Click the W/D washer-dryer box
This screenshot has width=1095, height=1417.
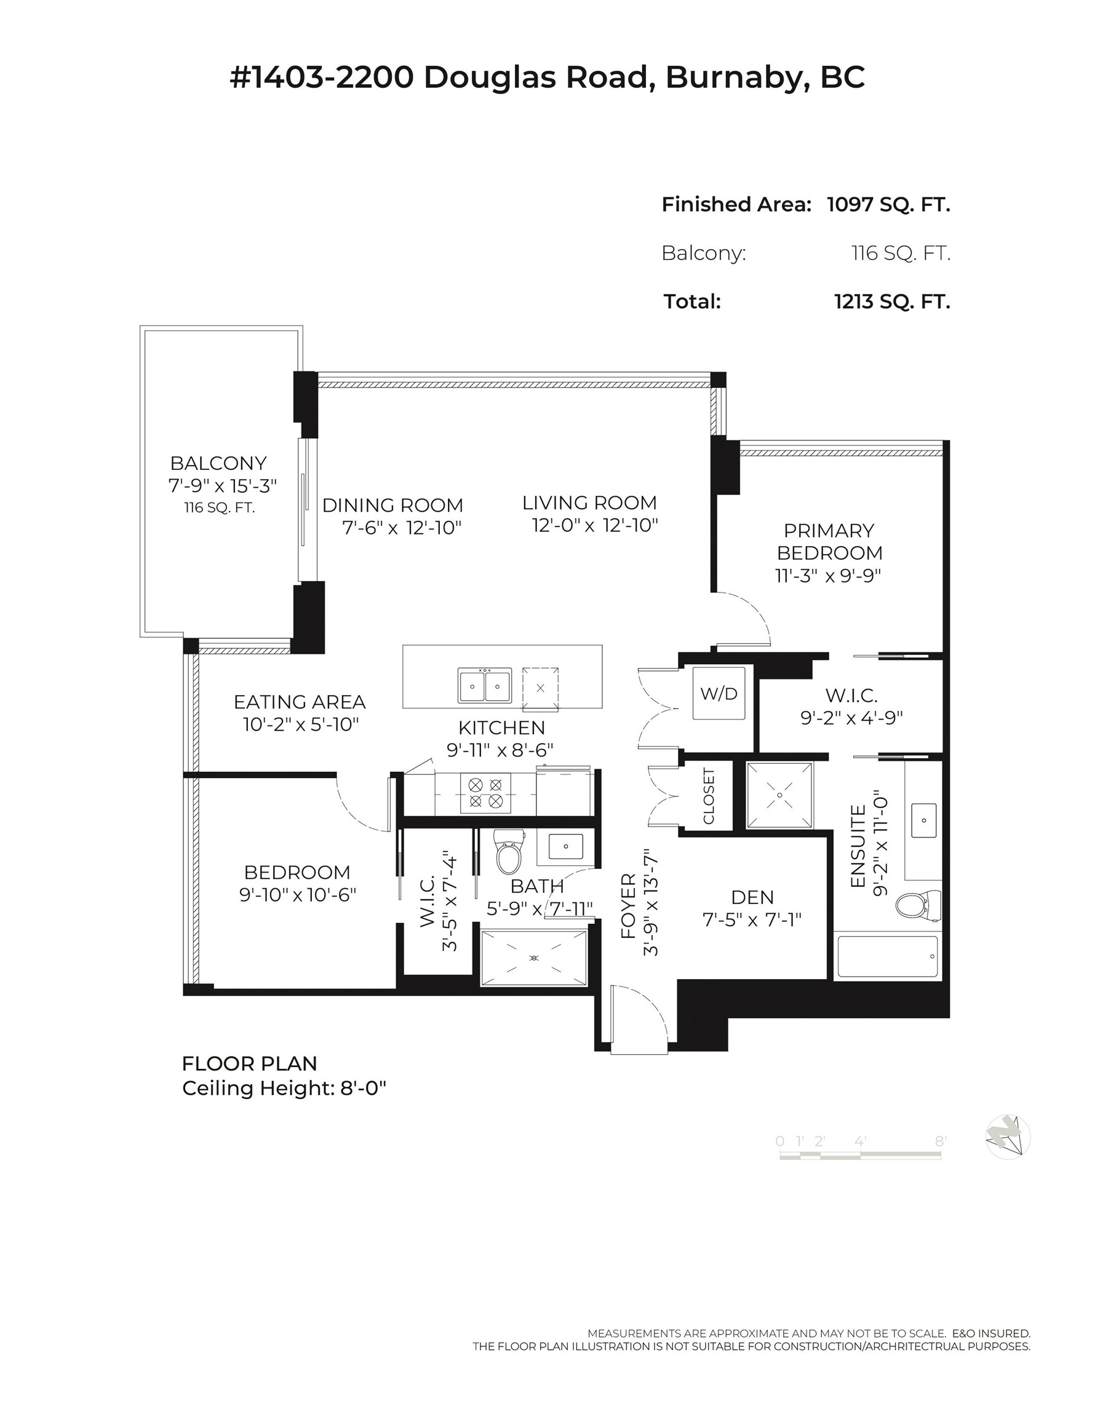point(719,694)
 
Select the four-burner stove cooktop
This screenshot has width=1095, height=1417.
point(485,793)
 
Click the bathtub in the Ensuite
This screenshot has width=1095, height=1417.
point(887,956)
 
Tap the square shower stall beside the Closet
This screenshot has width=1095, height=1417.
point(779,795)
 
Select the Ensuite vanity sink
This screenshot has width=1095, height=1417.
point(923,820)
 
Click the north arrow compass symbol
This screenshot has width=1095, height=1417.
point(1008,1137)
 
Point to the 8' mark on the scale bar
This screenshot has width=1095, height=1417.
point(940,1141)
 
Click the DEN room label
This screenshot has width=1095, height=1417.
point(752,897)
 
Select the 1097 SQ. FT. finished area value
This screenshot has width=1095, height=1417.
point(888,204)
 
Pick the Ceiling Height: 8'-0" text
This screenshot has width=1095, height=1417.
point(284,1088)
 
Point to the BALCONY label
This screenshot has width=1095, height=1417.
point(218,463)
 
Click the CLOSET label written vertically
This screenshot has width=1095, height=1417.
point(708,796)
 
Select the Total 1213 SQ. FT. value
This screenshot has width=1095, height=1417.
point(892,302)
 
